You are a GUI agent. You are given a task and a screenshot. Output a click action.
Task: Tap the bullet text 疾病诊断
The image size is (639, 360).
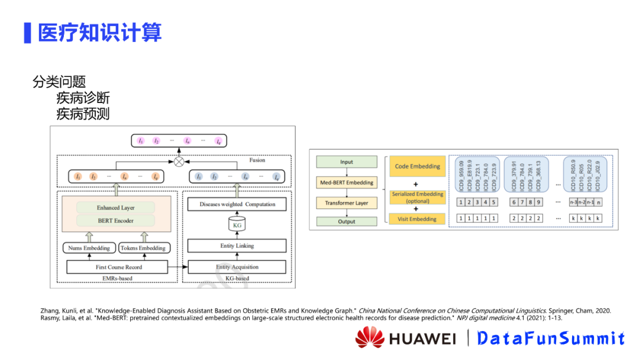pos(83,98)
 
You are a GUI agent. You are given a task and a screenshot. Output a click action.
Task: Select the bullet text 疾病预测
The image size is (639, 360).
pos(83,114)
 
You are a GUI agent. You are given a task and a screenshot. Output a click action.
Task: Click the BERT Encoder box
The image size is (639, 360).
pos(115,221)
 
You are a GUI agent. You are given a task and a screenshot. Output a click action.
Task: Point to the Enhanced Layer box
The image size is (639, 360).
pos(115,208)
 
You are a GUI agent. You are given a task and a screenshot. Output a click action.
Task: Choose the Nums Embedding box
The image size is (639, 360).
pos(89,248)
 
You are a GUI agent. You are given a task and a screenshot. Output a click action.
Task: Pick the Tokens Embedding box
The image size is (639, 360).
pos(143,248)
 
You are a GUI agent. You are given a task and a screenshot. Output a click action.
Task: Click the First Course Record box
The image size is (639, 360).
pos(119,267)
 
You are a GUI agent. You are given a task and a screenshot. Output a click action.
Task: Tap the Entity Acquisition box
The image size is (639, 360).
pos(237,267)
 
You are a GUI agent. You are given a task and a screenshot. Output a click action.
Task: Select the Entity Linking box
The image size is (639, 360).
pos(237,246)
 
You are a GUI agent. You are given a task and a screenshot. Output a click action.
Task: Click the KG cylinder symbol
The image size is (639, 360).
pos(237,225)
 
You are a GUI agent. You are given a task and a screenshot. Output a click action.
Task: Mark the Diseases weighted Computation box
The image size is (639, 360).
pos(237,204)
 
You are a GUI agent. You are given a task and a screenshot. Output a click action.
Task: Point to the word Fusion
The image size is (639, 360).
pos(257,160)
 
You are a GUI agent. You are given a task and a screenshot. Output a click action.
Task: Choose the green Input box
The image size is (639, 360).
pos(347,162)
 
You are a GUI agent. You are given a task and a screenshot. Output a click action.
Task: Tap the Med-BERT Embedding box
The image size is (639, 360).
pos(347,182)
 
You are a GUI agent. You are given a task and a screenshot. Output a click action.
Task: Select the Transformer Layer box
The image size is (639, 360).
pos(347,203)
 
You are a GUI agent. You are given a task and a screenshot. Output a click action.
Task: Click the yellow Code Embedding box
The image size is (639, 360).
pos(418,166)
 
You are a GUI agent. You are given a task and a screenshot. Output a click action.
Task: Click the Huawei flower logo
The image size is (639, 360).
pos(370,337)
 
